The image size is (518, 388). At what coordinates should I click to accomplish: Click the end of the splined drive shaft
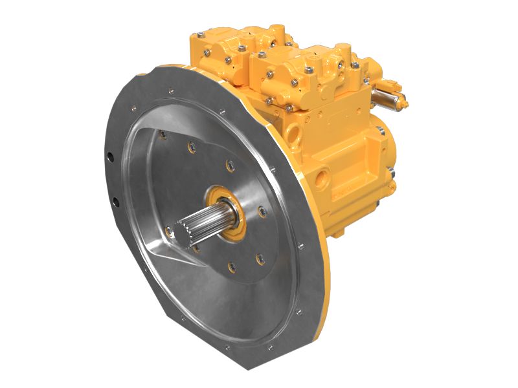pos(183,235)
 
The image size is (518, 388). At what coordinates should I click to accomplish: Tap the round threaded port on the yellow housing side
pos(321,176)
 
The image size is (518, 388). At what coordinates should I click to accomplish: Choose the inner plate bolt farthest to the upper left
pos(162,134)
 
